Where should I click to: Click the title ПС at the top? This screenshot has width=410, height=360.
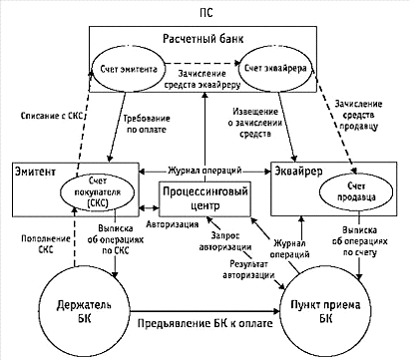click(206, 13)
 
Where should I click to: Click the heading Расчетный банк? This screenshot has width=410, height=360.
click(204, 39)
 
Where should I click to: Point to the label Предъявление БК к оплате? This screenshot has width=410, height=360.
click(205, 323)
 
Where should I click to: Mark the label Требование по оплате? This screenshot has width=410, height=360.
click(147, 124)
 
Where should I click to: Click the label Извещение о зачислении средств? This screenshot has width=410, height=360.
click(255, 123)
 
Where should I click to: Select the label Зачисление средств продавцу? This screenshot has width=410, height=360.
click(358, 115)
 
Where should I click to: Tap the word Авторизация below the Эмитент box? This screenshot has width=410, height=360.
click(173, 224)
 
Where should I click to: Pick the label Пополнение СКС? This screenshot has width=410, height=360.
click(46, 244)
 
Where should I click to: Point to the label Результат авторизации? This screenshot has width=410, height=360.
click(249, 269)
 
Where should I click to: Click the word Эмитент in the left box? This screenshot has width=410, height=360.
click(35, 172)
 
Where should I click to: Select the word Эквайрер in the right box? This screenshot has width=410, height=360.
click(298, 172)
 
